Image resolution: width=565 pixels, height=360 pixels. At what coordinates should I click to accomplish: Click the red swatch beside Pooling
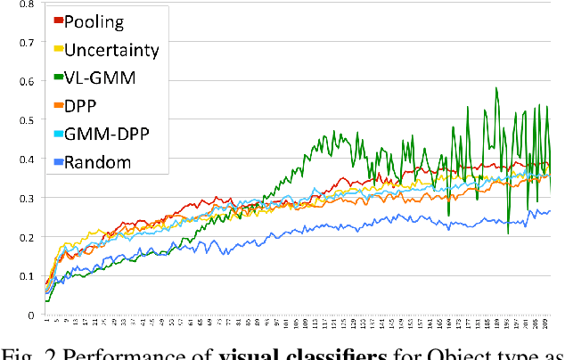coord(59,20)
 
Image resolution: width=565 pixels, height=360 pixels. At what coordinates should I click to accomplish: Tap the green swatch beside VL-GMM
coord(59,78)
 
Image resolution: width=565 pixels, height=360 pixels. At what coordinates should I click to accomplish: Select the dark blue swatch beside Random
coord(59,162)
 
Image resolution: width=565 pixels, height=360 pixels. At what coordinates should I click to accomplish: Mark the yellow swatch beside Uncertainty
coord(59,49)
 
